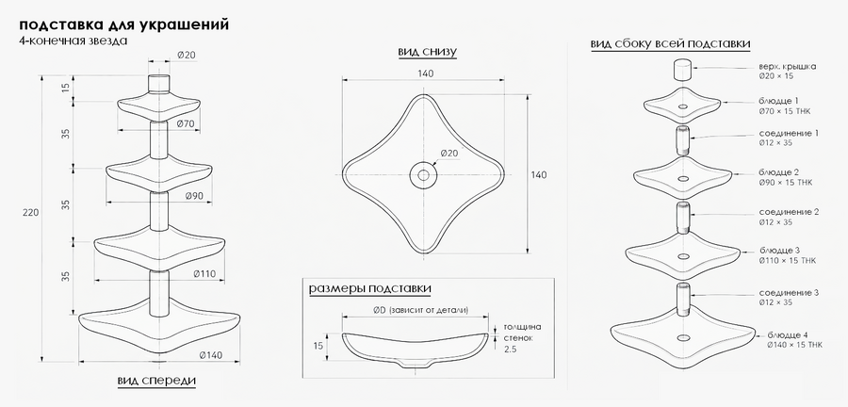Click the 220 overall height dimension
30,213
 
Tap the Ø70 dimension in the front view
186,123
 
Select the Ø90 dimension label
194,196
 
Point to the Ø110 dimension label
205,274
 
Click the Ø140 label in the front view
211,355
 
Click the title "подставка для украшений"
123,24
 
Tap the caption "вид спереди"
156,381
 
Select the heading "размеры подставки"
370,288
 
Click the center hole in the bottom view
423,175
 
